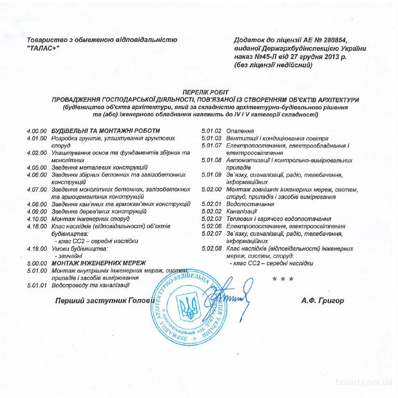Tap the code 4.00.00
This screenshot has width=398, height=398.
tap(37, 131)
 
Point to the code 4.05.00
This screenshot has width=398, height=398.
tap(37, 168)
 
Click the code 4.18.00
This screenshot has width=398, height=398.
tap(37, 226)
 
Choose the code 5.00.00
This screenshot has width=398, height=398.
tap(37, 263)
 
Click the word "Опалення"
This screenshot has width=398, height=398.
tap(240, 131)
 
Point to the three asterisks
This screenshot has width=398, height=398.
tap(283, 278)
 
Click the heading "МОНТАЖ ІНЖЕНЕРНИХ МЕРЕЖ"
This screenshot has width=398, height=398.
tap(99, 263)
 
